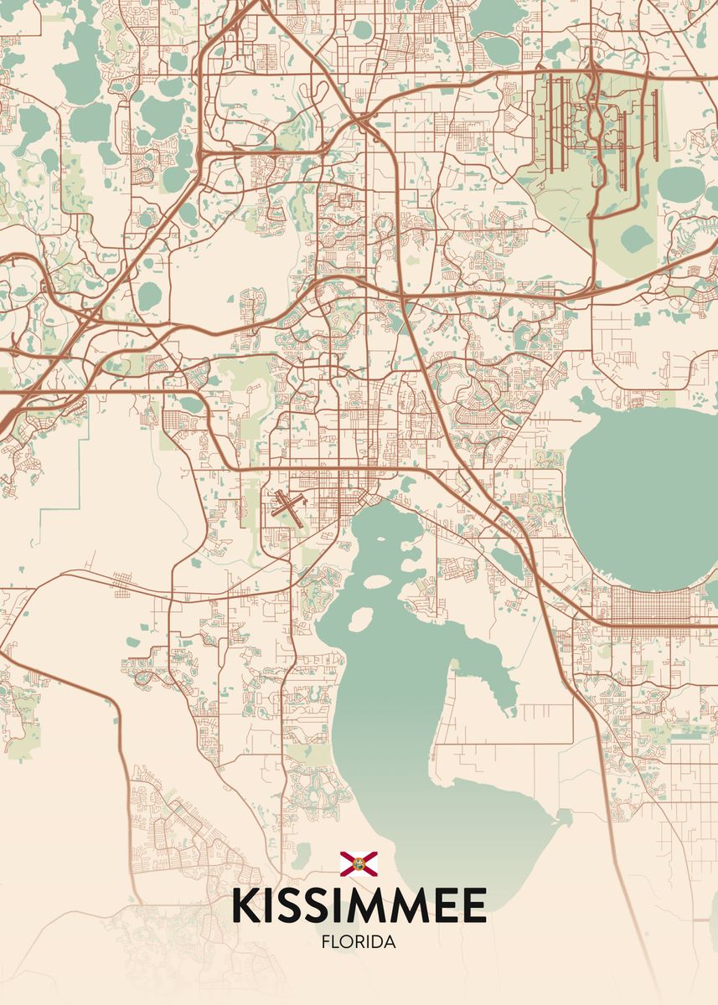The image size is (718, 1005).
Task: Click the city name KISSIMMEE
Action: (359, 906)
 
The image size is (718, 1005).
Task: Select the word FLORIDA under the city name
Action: (359, 942)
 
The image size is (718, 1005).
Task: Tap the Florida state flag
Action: (359, 863)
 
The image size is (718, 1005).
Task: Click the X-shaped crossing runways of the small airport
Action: (288, 508)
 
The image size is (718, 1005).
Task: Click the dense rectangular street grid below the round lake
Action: (651, 605)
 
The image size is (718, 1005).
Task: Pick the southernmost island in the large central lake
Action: (359, 619)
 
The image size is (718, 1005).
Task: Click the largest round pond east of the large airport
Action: (681, 183)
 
